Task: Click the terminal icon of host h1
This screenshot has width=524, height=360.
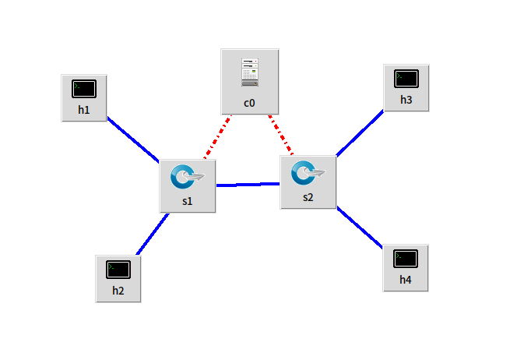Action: [x=84, y=89]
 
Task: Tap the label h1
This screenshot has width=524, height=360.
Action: [x=84, y=110]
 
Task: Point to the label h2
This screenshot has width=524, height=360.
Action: [x=118, y=291]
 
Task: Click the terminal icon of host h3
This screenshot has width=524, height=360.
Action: [x=406, y=79]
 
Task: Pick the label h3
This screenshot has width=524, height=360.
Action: [x=406, y=100]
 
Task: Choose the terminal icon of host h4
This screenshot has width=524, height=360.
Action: [x=406, y=259]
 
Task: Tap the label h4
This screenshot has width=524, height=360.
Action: [x=406, y=280]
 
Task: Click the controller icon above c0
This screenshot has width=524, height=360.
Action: [x=249, y=71]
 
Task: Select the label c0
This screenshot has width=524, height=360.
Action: [x=249, y=102]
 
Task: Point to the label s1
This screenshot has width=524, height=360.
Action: [x=187, y=200]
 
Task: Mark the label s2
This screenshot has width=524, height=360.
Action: [x=308, y=197]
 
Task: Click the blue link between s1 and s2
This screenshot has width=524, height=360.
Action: [x=248, y=185]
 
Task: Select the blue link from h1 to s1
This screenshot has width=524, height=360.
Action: [x=133, y=139]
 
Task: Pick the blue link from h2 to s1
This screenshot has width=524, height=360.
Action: [x=153, y=233]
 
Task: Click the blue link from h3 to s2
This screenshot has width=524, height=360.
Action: [x=360, y=133]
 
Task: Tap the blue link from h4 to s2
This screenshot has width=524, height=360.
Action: [x=360, y=228]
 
